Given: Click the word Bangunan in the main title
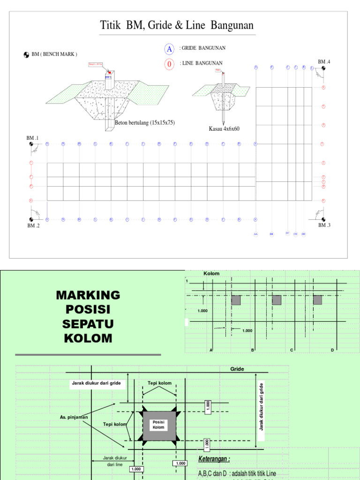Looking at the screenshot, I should tap(231, 25).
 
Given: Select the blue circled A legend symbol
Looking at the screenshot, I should tap(169, 49).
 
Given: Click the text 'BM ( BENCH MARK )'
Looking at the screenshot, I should tap(54, 54).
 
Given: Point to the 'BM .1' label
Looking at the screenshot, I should tap(32, 138).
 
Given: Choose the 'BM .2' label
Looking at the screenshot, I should tap(32, 225).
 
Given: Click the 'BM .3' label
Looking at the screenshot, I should tap(324, 225).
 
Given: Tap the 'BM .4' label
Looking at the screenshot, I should tap(324, 62).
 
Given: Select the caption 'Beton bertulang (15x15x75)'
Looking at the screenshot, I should tap(144, 123).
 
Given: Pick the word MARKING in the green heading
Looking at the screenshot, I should tap(88, 295).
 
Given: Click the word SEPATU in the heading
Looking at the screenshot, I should tap(88, 324).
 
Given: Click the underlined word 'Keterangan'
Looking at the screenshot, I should tap(214, 459).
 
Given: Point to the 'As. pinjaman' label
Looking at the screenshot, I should tap(74, 417).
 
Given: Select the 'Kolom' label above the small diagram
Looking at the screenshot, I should tap(211, 273).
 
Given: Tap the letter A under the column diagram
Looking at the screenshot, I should tap(211, 350).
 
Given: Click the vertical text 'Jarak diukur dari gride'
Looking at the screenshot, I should tap(262, 406).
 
